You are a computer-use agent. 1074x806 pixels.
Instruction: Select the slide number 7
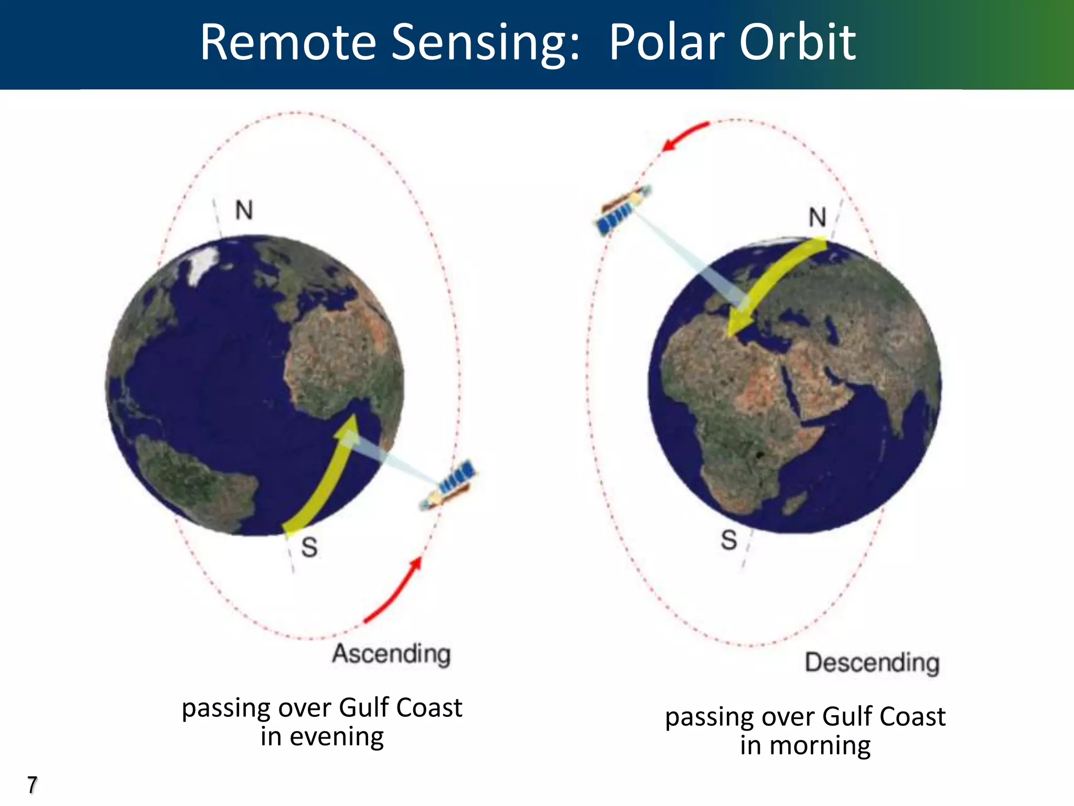coord(33,785)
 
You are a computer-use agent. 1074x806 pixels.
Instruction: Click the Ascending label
coord(392,654)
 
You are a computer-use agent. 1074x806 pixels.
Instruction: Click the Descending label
coord(872,663)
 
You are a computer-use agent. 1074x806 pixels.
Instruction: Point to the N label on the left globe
coord(244,210)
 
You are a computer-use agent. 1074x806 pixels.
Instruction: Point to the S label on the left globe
coord(309,547)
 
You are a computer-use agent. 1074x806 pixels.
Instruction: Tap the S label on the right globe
coord(729,540)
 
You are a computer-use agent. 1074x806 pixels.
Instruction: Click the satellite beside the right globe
coord(622,209)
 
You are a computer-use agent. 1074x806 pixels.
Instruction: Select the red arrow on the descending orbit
coord(684,135)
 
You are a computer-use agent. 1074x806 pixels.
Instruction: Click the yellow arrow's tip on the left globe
coord(352,419)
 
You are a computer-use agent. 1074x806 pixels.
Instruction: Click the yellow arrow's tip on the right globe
coord(731,333)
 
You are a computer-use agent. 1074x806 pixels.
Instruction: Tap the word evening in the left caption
coord(337,737)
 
